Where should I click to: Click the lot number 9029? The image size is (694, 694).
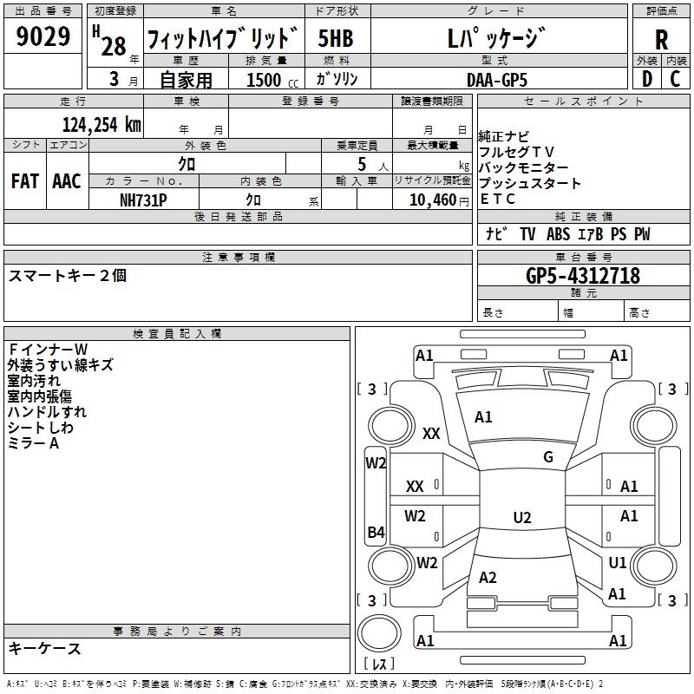[x=43, y=38]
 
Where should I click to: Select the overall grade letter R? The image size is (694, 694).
[x=661, y=39]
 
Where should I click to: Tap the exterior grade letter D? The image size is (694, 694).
[x=647, y=79]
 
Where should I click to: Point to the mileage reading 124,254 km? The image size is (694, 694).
[x=101, y=123]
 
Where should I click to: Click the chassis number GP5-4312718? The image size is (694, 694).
[x=583, y=276]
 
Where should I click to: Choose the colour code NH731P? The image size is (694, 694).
[x=143, y=200]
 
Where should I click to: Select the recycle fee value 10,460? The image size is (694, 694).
[x=431, y=200]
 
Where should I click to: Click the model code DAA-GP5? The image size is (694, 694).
[x=496, y=79]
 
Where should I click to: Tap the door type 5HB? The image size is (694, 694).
[x=336, y=39]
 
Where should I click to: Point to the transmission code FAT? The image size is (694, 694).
[x=24, y=181]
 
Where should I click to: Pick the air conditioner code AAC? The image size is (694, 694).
[x=67, y=181]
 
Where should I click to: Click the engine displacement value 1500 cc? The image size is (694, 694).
[x=270, y=80]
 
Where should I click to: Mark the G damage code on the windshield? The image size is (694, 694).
[x=548, y=457]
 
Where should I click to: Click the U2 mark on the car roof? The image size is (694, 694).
[x=522, y=518]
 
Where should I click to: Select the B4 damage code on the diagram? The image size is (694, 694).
[x=376, y=533]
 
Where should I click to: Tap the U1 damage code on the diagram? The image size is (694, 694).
[x=618, y=563]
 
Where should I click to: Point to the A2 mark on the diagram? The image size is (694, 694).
[x=488, y=578]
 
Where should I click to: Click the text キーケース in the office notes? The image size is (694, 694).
[x=45, y=649]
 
